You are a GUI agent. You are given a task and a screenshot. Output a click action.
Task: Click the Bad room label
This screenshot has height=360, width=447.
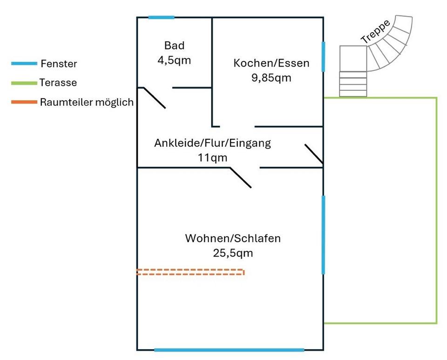174,46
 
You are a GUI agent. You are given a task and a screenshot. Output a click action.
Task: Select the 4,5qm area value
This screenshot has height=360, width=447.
174,60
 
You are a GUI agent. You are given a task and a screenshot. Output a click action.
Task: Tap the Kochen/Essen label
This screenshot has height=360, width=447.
271,63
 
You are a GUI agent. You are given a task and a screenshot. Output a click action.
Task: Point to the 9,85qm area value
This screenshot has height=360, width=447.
271,78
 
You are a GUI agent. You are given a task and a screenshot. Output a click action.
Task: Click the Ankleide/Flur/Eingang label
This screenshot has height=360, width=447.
212,143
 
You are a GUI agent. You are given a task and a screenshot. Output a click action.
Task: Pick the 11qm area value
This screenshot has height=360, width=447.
212,158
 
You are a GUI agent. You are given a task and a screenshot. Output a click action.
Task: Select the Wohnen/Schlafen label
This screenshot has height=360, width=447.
233,239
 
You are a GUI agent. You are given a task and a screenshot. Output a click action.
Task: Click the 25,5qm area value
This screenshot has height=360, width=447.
233,253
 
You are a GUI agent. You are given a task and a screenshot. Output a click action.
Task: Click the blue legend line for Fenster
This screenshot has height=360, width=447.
24,63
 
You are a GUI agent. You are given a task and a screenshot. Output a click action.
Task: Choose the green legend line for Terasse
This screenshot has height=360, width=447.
24,83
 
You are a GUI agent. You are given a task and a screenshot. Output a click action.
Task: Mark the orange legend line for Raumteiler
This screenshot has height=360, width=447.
24,102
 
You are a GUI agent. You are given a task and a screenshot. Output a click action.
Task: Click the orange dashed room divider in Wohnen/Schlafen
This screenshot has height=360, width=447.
190,272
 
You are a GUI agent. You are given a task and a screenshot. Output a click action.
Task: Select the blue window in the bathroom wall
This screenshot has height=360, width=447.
162,18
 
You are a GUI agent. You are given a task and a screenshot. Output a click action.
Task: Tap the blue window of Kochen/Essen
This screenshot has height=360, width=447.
323,57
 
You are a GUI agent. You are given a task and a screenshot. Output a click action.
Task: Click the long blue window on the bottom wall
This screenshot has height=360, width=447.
229,350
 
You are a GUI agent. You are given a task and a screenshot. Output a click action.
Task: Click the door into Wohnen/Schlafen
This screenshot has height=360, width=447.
241,177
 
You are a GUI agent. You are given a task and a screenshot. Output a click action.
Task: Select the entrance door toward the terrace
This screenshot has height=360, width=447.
314,154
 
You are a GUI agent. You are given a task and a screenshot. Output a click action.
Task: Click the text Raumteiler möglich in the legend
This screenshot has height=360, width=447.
87,102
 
